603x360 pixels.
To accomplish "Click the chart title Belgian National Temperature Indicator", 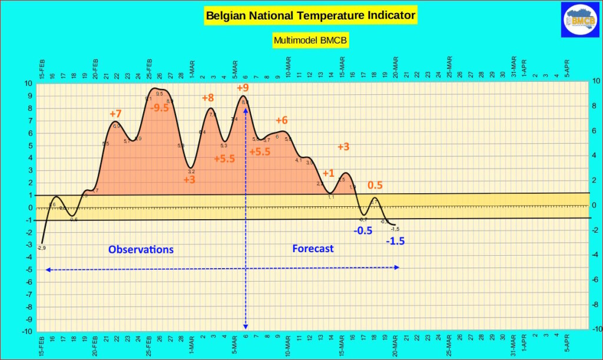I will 310,15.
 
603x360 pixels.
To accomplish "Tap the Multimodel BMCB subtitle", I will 310,41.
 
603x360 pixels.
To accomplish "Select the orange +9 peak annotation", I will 243,88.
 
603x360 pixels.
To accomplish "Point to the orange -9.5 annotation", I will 159,108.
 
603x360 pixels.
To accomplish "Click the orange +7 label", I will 115,113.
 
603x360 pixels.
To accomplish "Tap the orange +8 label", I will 208,98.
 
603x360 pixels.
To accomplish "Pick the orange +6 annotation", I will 281,120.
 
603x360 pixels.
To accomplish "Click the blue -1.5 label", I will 395,241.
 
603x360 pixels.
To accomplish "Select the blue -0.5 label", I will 363,230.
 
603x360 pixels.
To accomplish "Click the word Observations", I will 141,249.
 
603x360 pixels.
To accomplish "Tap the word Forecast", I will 313,249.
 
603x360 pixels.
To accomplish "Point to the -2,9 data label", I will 41,247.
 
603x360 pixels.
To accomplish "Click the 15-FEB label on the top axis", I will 42,70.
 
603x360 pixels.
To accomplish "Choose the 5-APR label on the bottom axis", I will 567,346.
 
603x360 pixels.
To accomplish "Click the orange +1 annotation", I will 328,173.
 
